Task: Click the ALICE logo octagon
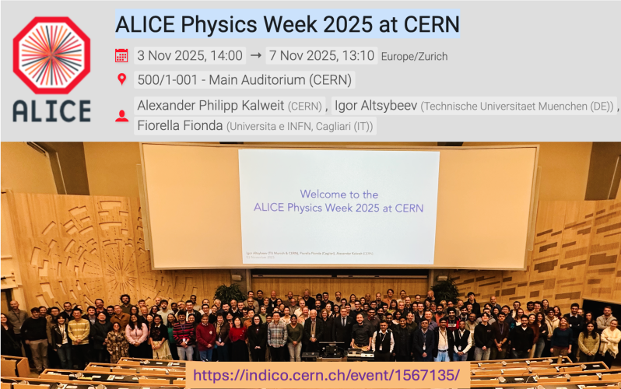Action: click(51, 54)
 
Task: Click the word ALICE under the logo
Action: click(51, 111)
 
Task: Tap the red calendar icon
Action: click(121, 55)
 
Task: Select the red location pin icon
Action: click(121, 79)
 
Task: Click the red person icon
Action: click(121, 115)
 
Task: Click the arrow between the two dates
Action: click(255, 55)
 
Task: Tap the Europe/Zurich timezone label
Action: click(414, 56)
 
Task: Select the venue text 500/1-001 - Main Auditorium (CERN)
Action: click(244, 79)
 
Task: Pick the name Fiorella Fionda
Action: click(180, 125)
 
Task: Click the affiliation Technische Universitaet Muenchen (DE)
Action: click(517, 106)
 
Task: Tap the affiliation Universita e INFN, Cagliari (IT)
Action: click(300, 126)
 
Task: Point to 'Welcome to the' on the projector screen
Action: click(339, 194)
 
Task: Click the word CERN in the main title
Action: click(430, 23)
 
